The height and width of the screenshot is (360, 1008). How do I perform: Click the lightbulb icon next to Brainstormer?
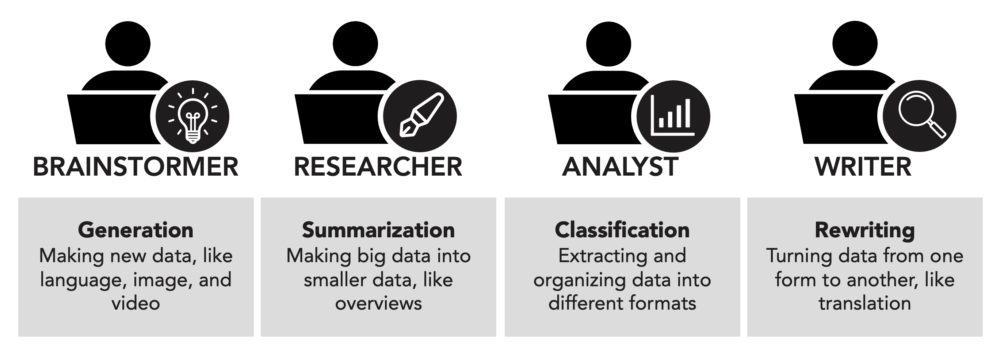click(x=192, y=116)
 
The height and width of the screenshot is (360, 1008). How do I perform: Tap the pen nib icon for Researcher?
click(x=420, y=116)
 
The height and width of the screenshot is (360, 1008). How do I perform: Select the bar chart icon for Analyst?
click(x=673, y=116)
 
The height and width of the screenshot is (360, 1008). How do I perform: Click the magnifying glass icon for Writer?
click(x=919, y=115)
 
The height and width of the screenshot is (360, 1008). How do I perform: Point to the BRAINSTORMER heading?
click(x=135, y=167)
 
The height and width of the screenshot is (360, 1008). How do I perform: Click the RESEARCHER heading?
click(x=378, y=167)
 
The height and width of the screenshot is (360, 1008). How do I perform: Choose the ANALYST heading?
click(x=620, y=167)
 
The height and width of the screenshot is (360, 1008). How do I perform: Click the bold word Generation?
click(x=135, y=230)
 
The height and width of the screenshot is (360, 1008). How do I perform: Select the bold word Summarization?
click(x=378, y=230)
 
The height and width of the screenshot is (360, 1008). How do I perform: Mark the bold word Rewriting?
click(x=864, y=230)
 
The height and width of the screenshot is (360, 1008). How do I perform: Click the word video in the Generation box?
click(x=135, y=303)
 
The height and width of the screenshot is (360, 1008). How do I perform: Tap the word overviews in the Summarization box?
click(x=378, y=303)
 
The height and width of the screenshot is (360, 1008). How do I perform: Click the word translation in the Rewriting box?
click(x=864, y=303)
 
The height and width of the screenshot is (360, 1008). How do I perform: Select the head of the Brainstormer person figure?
click(x=128, y=43)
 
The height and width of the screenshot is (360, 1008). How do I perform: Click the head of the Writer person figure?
click(x=855, y=43)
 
